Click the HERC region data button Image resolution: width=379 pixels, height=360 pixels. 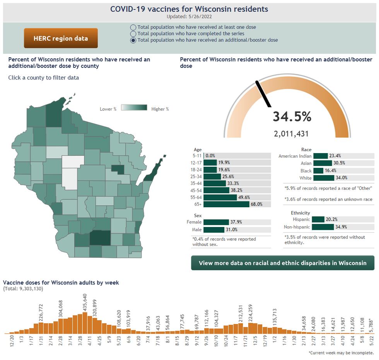(61, 38)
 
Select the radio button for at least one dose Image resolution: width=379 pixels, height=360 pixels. (133, 27)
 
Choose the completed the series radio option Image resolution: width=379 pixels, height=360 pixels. (133, 34)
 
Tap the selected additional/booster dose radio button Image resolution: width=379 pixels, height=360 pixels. (133, 40)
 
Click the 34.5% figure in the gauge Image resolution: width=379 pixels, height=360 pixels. (292, 116)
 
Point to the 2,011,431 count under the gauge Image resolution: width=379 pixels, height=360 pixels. (291, 134)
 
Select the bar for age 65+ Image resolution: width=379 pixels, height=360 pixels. (226, 204)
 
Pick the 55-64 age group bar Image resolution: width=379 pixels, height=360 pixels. (220, 197)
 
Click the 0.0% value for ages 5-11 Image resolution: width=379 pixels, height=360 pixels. (210, 155)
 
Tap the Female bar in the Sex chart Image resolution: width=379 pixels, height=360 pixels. (216, 222)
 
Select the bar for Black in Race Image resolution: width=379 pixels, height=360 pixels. (318, 171)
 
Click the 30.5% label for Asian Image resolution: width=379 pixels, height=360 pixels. (339, 163)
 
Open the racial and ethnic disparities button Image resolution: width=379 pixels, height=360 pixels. (282, 263)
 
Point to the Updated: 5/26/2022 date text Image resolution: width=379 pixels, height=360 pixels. (189, 17)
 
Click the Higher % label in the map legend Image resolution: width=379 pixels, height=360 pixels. (160, 109)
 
